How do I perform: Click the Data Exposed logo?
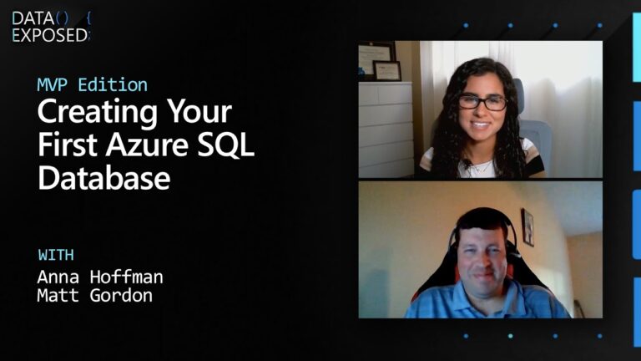click(50, 26)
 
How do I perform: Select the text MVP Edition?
click(93, 84)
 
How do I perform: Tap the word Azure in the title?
click(145, 145)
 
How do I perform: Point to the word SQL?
click(227, 145)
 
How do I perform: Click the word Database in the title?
click(104, 177)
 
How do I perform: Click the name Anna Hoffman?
click(100, 276)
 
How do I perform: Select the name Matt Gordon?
click(95, 295)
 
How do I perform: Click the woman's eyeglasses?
click(482, 102)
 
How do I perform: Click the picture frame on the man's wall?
click(527, 226)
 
